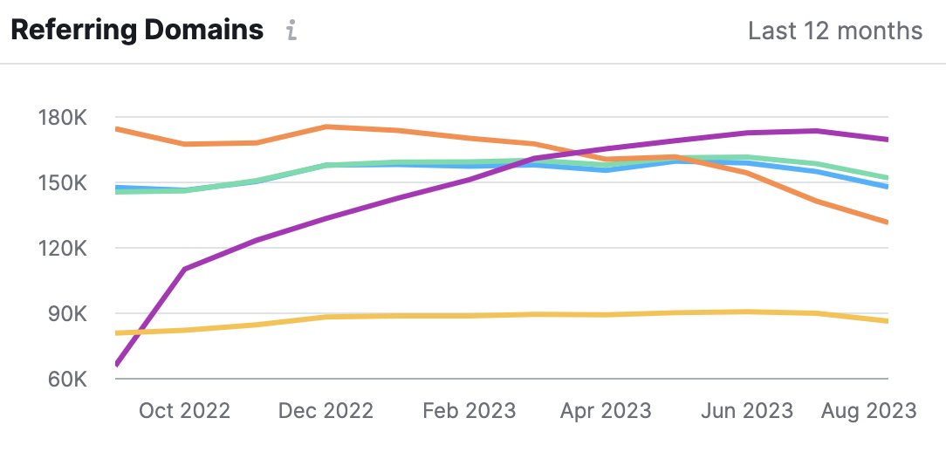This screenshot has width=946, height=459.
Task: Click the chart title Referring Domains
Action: click(136, 31)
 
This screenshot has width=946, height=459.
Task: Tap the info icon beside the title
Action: click(292, 31)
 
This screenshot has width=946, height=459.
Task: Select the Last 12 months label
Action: click(834, 31)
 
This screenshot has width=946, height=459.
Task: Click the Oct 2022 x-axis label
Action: click(184, 411)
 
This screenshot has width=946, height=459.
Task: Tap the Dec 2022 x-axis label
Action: click(326, 411)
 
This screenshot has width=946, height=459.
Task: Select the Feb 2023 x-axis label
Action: click(469, 411)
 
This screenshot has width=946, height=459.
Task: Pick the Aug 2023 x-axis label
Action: click(868, 411)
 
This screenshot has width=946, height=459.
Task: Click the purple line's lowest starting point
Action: click(117, 364)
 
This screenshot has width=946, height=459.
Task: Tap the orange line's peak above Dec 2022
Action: click(326, 127)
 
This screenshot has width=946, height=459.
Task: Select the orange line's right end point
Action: click(887, 223)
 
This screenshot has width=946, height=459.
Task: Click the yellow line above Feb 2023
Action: click(469, 315)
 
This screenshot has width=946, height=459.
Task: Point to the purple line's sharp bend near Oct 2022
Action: click(184, 270)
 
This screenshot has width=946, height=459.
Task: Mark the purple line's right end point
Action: click(887, 139)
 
